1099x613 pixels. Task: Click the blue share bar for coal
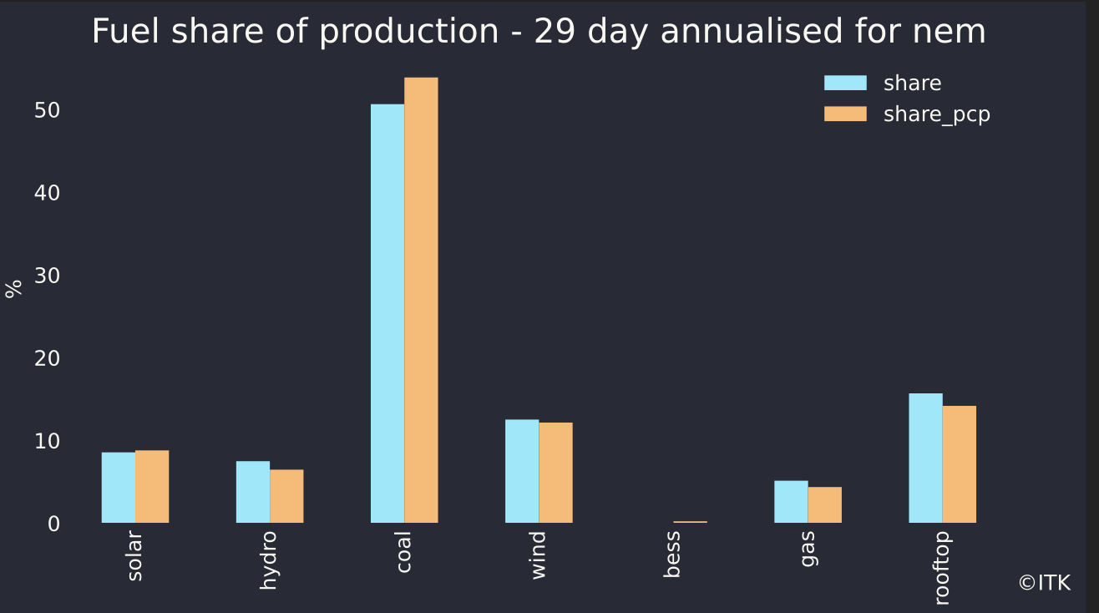387,313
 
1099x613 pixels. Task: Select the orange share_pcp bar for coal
421,300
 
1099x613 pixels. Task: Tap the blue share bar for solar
119,488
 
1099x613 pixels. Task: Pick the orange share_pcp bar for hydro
286,496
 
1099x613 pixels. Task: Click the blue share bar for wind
522,471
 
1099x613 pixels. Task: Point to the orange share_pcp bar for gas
824,505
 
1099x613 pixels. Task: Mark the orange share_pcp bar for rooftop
959,464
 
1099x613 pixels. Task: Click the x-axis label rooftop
942,567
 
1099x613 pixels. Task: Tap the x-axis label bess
672,554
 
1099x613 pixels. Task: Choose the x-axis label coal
403,551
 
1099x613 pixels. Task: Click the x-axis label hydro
268,560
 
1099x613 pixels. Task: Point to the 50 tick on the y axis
47,110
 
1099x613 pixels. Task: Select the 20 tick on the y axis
47,358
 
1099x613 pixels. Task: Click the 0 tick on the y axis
53,524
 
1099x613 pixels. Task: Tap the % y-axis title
13,289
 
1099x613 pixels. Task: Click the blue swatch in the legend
845,83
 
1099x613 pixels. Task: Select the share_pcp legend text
936,114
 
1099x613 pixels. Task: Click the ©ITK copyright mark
1044,583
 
